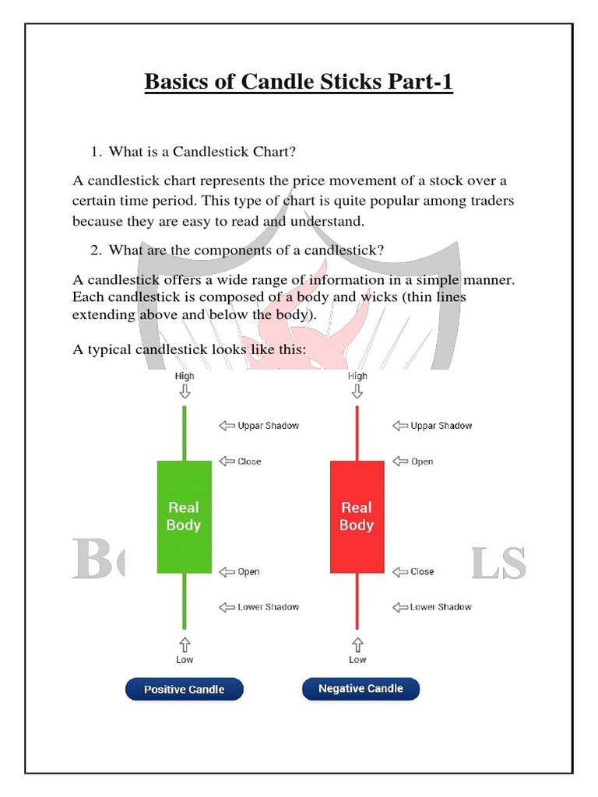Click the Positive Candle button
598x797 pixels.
point(185,690)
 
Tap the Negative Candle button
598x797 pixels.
point(361,689)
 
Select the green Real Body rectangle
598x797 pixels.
point(185,517)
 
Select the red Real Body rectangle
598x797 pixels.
point(357,517)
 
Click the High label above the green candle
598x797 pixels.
point(185,376)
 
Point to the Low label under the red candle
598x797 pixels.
point(357,660)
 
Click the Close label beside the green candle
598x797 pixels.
point(249,462)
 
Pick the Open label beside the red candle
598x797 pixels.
point(422,462)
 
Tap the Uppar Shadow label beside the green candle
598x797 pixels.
point(268,426)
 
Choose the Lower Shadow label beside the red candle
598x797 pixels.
point(441,607)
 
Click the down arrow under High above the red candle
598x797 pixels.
point(357,391)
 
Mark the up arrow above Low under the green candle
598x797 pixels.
point(185,644)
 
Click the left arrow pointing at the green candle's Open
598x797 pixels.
point(227,572)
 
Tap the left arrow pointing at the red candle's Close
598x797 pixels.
point(399,571)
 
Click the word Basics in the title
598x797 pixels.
point(177,82)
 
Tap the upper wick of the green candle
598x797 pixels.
point(185,433)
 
